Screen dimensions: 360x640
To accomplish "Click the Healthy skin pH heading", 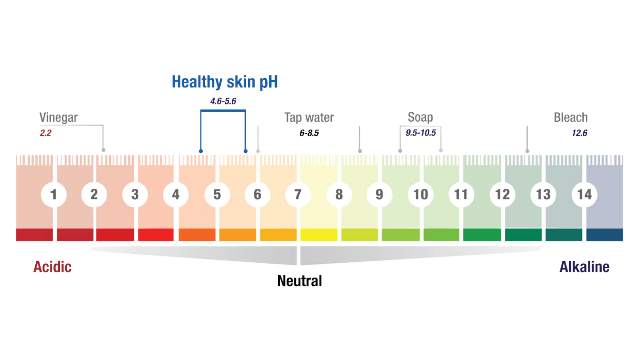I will click(x=224, y=82).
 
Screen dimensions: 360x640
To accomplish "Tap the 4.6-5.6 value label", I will click(x=223, y=101).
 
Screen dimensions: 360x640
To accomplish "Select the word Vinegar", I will click(x=58, y=117).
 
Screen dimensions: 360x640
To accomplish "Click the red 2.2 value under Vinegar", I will click(x=46, y=133).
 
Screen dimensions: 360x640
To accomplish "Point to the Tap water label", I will click(x=309, y=117).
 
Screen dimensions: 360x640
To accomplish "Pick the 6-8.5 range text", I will click(x=309, y=133).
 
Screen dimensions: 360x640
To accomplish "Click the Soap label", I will click(x=420, y=117).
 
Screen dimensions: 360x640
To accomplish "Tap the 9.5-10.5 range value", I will click(x=421, y=133).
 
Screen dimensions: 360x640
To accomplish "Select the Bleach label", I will click(x=570, y=117).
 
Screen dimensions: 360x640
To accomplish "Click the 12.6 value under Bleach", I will click(x=579, y=133).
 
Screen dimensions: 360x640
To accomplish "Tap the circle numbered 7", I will click(x=298, y=195).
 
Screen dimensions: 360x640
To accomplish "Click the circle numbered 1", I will click(x=53, y=195).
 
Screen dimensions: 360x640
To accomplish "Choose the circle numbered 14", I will click(x=584, y=195).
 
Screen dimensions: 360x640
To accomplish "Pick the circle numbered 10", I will click(x=420, y=195).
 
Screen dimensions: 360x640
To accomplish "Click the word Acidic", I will click(x=52, y=267).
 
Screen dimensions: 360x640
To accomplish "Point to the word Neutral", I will click(x=300, y=281).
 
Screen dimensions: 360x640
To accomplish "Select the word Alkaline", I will click(x=584, y=267).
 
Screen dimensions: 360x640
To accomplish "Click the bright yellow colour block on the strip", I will click(x=319, y=235).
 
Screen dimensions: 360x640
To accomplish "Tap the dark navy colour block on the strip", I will click(x=604, y=235).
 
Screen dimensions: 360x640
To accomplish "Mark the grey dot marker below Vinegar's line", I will click(x=103, y=150).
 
